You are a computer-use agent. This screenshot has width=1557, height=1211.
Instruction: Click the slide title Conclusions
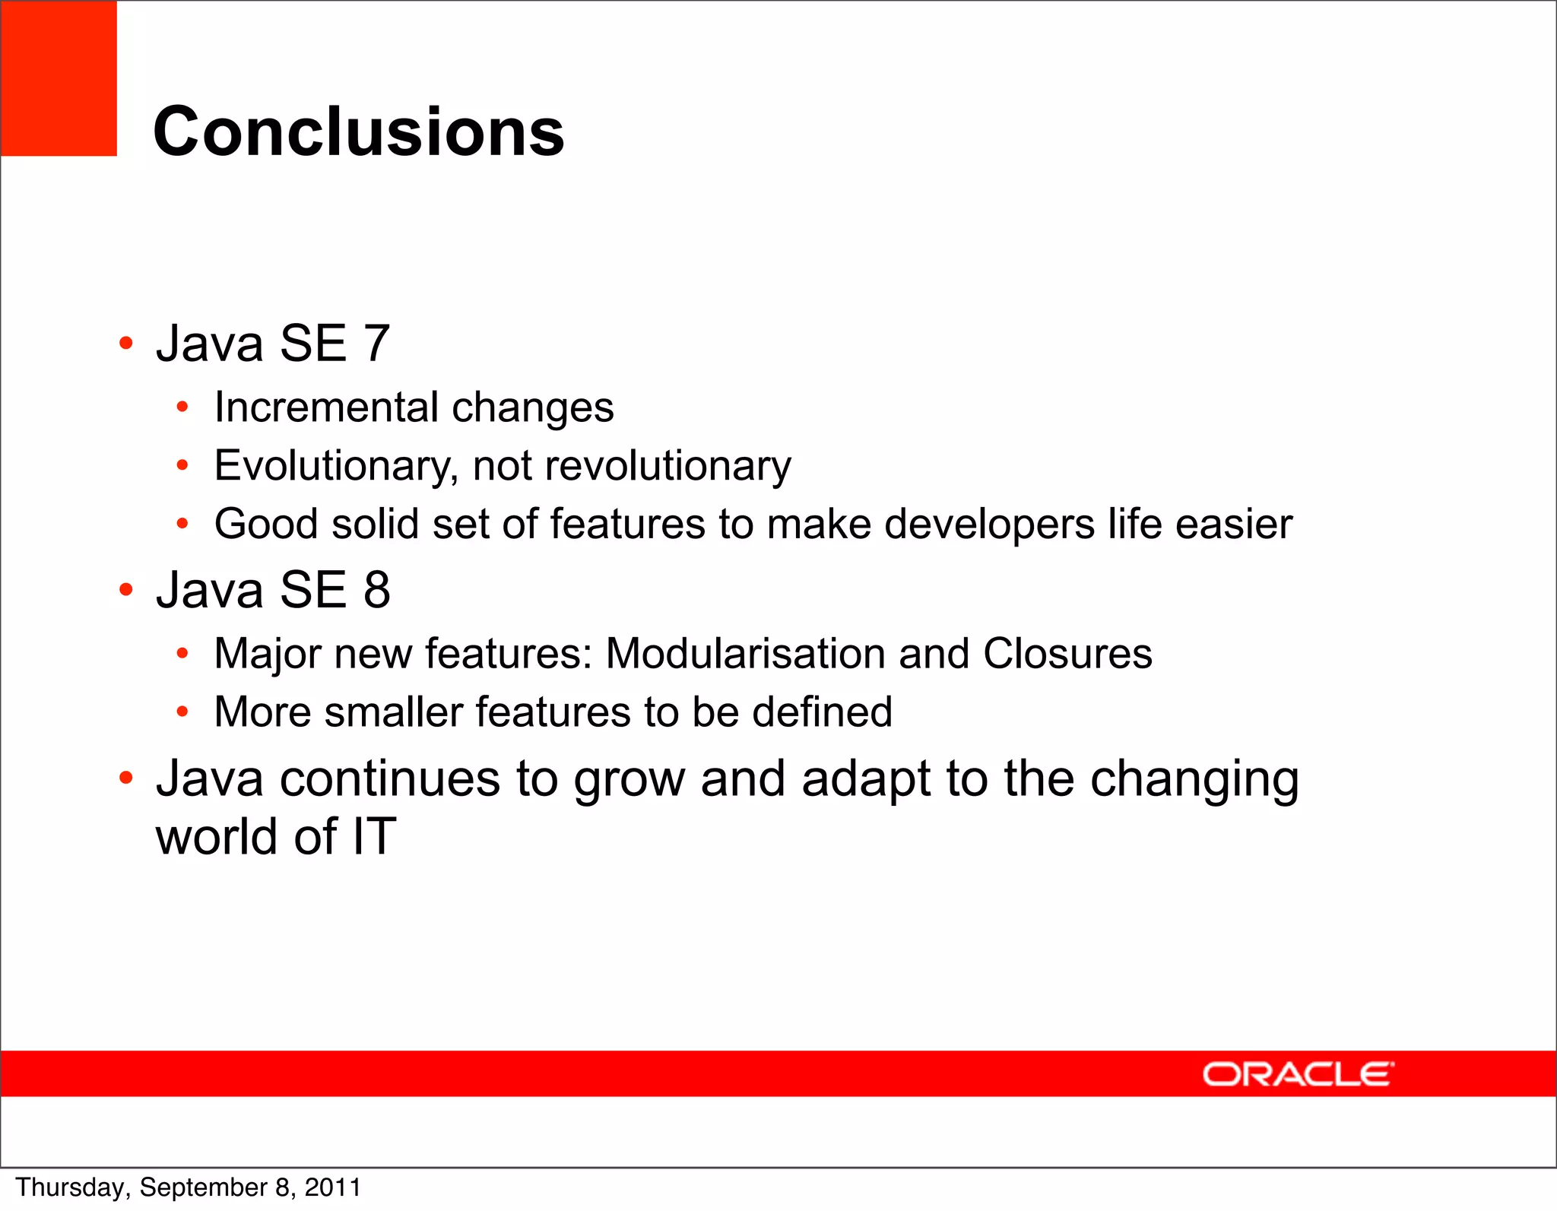pos(358,132)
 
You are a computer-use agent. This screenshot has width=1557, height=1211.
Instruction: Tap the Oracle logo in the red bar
pos(1298,1074)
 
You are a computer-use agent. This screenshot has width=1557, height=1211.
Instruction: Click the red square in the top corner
pos(59,78)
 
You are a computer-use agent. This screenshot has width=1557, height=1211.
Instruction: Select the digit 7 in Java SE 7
pos(376,344)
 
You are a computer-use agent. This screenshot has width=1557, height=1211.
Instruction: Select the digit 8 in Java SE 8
pos(376,590)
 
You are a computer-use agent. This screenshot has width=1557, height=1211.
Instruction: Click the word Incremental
pos(326,407)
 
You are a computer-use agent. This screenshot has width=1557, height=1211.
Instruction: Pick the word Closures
pos(1067,654)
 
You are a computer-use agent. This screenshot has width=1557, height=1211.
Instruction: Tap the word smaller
pos(393,712)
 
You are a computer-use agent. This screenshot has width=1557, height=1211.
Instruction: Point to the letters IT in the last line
pos(374,837)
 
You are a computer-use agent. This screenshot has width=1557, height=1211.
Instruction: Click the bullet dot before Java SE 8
pos(126,588)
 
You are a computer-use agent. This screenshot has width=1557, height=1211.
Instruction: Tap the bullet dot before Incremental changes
pos(182,407)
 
